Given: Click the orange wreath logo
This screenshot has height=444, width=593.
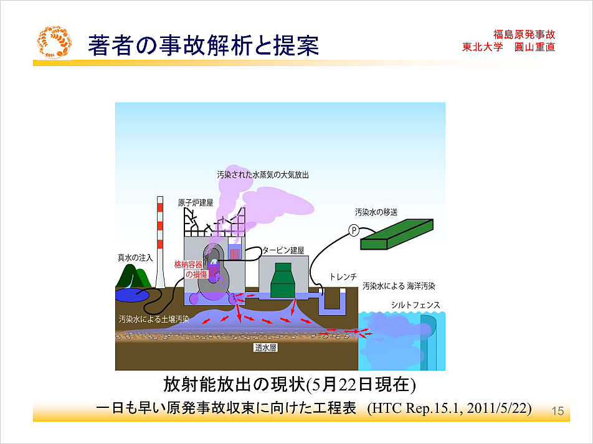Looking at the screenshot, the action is (54, 42).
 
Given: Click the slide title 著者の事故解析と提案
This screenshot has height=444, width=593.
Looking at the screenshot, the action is (204, 45).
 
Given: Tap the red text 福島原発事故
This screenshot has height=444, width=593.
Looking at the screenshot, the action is (524, 34).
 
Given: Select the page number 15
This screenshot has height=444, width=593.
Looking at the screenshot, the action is (558, 411).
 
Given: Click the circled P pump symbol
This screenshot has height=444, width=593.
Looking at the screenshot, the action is (354, 230).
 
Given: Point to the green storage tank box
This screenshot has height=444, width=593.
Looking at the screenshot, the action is (397, 234).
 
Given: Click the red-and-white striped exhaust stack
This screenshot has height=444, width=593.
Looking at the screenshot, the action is (160, 242).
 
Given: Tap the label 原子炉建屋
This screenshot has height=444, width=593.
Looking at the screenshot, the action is (196, 203).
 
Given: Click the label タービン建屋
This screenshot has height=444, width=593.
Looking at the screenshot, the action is (283, 250).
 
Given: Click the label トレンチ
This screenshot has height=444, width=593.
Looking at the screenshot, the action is (343, 277).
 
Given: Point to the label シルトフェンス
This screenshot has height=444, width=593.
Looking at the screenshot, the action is (415, 305).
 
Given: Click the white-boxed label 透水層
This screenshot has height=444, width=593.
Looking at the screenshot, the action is (265, 347).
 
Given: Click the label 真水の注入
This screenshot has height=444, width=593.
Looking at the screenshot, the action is (135, 258).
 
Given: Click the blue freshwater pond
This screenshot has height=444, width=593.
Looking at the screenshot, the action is (132, 295).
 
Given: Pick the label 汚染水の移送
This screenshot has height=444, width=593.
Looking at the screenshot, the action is (376, 212).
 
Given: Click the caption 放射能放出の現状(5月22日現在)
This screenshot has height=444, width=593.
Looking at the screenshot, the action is (290, 385).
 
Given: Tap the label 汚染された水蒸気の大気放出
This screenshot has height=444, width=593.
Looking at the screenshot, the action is (263, 175).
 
